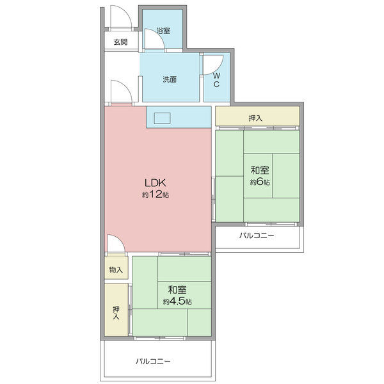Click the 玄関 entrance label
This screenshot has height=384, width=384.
click(120, 42)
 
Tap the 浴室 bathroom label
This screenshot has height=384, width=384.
click(163, 31)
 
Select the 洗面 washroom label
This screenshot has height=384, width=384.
click(169, 80)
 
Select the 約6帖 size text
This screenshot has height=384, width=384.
click(259, 182)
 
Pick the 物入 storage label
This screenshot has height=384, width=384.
click(116, 270)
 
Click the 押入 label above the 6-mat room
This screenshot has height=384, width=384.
click(255, 118)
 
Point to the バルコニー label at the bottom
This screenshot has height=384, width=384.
click(153, 362)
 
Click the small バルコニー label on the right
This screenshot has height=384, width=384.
click(257, 236)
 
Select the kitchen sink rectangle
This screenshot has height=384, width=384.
click(162, 117)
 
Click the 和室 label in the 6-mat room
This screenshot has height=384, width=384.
click(259, 170)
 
